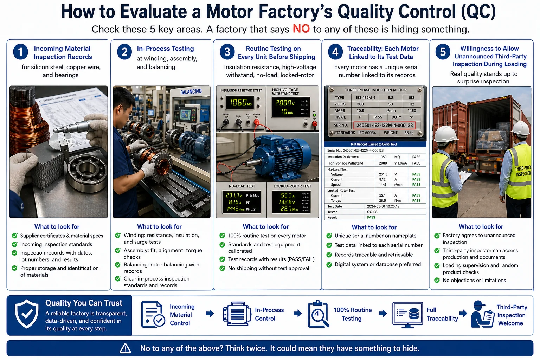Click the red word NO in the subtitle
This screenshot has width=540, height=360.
tap(301, 29)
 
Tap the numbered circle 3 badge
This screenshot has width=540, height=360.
tap(227, 52)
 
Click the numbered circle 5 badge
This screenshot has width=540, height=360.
tap(443, 52)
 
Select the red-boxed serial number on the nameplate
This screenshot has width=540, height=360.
tap(384, 125)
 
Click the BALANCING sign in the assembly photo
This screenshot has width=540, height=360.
tap(191, 91)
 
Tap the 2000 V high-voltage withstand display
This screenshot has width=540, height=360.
tap(285, 103)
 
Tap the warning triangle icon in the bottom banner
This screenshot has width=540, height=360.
tap(125, 348)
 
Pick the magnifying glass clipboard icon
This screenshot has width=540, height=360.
tap(318, 314)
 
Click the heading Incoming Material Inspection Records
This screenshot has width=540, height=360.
tap(63, 53)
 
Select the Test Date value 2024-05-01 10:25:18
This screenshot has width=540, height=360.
tap(383, 206)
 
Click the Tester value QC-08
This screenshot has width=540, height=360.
tap(372, 212)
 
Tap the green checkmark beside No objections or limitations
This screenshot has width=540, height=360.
tap(437, 280)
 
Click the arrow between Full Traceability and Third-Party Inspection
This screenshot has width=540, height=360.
tap(463, 313)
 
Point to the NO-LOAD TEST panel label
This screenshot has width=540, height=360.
tap(242, 186)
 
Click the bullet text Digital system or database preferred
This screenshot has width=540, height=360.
tap(378, 264)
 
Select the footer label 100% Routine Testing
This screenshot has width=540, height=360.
tap(352, 314)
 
